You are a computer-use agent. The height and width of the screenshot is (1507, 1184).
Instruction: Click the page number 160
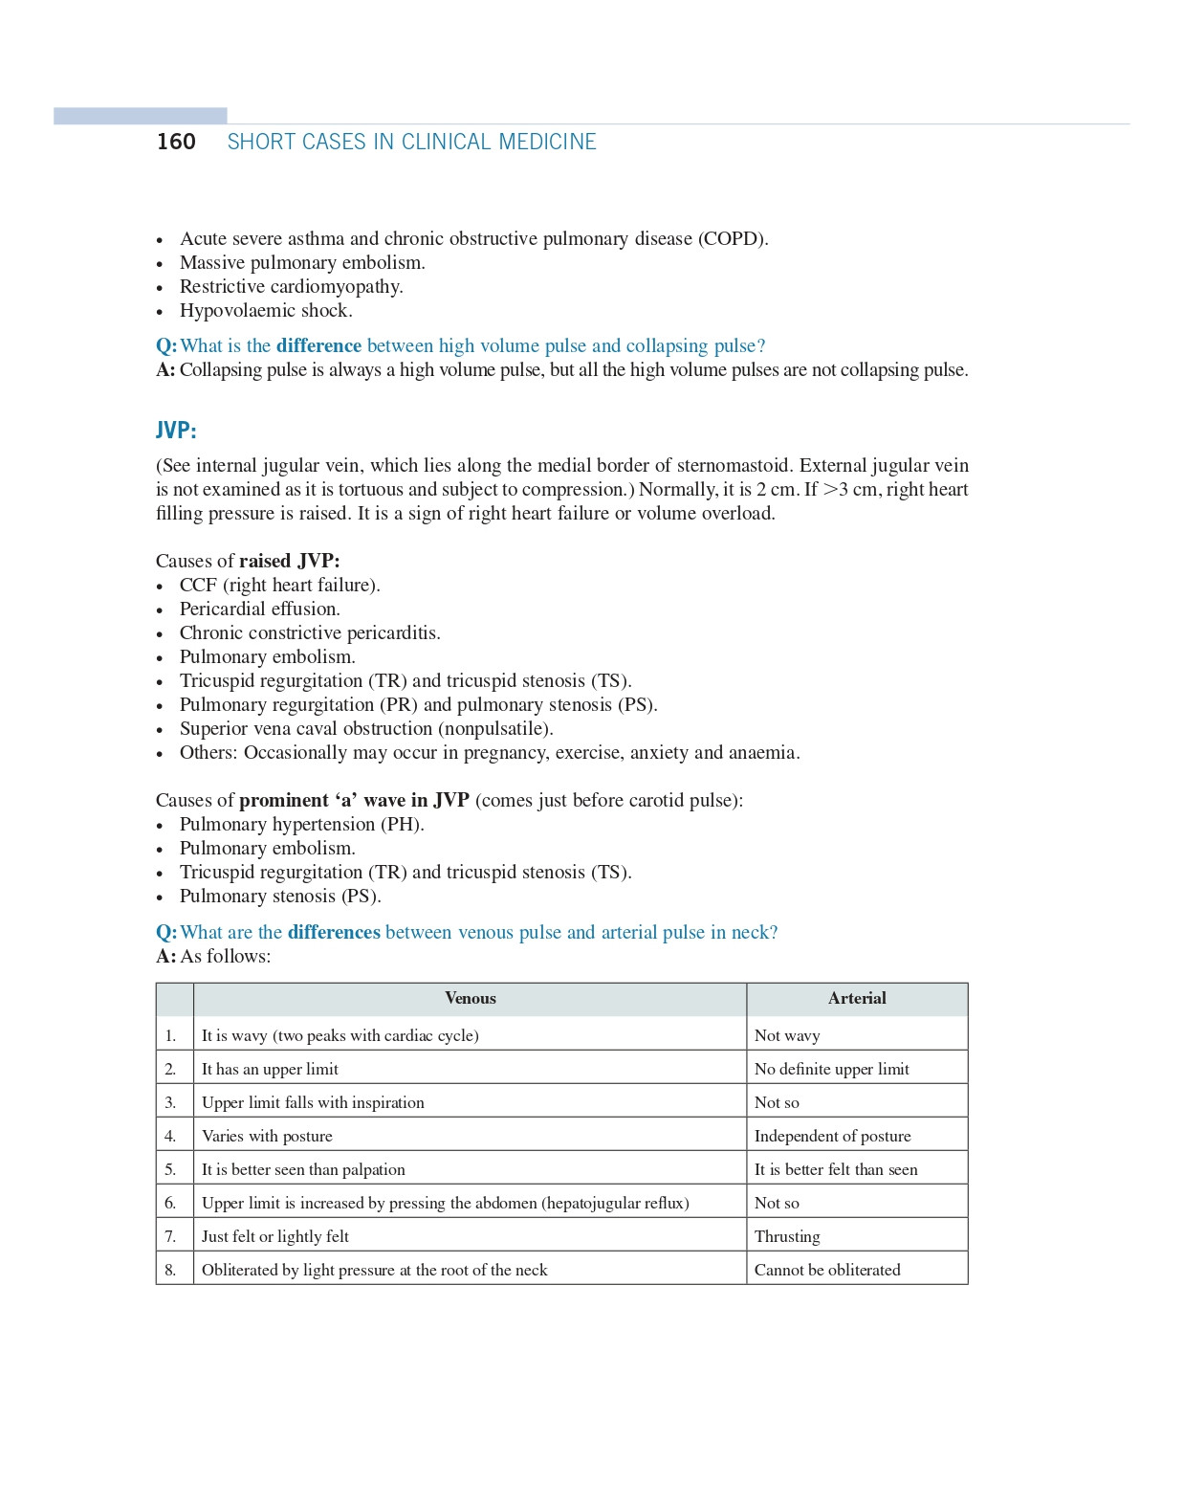176,142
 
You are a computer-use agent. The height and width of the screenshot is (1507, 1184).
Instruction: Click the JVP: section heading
176,431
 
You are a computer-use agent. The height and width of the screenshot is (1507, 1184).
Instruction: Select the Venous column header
470,999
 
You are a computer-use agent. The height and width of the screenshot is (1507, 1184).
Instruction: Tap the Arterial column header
857,999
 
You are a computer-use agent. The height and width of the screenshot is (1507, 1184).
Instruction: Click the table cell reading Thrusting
787,1236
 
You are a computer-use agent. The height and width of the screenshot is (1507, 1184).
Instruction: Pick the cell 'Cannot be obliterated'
827,1270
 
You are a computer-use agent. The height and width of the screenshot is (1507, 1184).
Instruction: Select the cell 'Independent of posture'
832,1136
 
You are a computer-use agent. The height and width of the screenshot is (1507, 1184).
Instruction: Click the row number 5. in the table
170,1169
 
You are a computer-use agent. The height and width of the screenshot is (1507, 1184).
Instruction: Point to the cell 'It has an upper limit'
270,1069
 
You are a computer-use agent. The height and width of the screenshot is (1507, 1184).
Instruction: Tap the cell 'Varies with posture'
267,1136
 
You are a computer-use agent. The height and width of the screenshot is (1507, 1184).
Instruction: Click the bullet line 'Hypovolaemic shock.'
266,311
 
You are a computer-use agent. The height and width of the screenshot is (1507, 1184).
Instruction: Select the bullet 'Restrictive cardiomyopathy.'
291,287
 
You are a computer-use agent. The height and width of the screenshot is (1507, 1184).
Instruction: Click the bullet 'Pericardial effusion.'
259,609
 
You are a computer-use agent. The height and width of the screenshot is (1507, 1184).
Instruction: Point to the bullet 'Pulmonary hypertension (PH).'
301,825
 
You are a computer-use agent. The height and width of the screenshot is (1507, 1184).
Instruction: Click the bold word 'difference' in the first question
318,346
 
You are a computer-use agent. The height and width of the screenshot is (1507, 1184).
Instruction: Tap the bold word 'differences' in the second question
334,933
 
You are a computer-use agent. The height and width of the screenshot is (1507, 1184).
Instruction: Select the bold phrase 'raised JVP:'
289,562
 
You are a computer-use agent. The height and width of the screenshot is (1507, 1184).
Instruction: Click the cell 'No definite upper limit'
831,1069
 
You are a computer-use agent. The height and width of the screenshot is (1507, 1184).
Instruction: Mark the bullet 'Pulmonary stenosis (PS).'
280,897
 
